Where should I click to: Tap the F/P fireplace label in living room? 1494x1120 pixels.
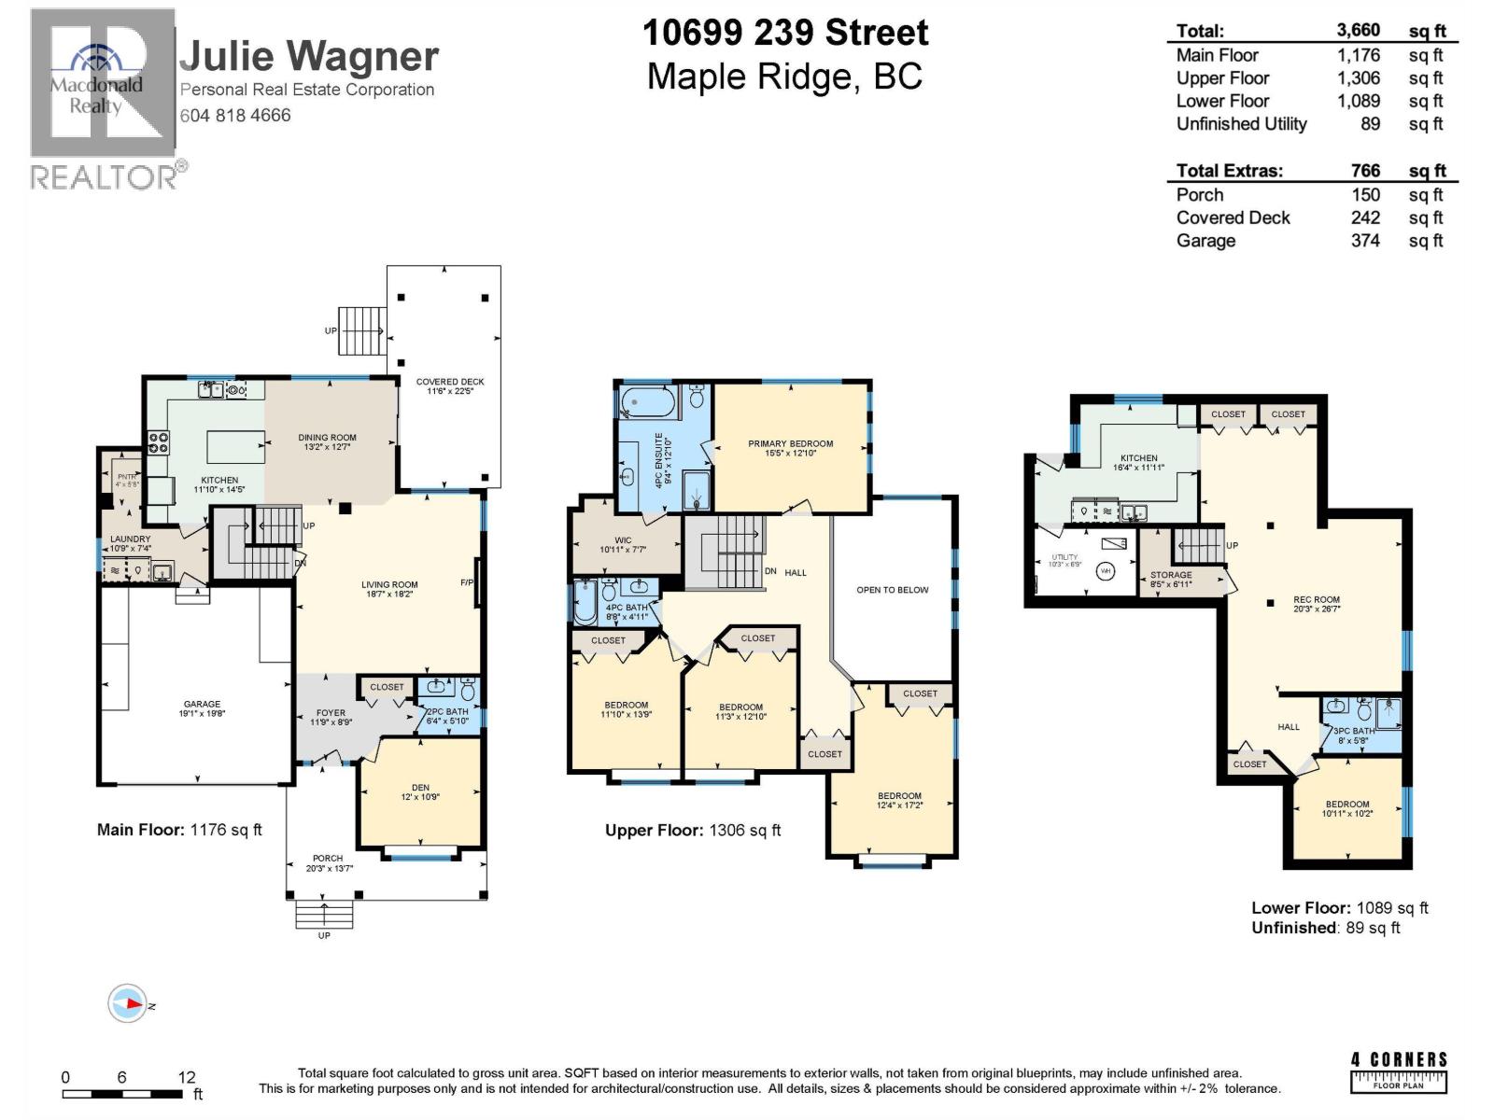point(467,583)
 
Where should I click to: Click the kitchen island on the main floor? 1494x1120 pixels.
point(235,446)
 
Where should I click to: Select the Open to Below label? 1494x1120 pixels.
point(893,590)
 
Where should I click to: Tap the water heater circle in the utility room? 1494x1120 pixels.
point(1106,570)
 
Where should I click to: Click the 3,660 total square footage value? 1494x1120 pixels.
point(1358,31)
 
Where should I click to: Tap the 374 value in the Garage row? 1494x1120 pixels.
point(1365,241)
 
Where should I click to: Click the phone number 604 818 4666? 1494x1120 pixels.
point(235,116)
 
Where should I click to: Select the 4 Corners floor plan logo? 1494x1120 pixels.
point(1399,1071)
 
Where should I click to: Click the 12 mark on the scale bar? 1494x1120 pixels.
point(187,1077)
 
